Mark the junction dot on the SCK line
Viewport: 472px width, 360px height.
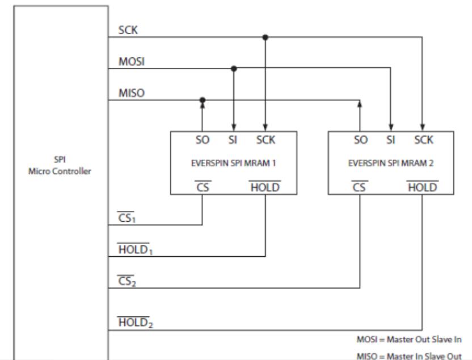(x=265, y=37)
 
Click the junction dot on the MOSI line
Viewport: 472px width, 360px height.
(x=234, y=69)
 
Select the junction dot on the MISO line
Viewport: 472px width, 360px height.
(x=203, y=100)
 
